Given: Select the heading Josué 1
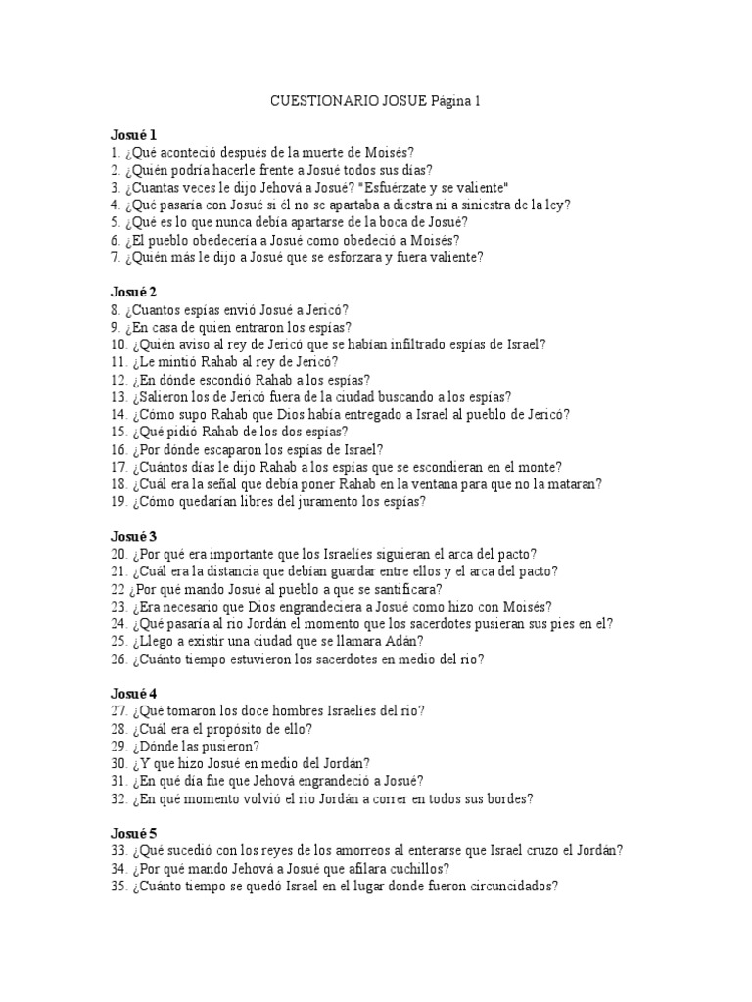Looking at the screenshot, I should (x=133, y=135).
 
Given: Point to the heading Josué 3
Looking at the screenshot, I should (x=133, y=537).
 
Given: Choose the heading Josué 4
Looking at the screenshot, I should (x=133, y=694).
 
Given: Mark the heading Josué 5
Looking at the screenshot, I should (x=133, y=834).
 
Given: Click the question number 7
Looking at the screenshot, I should (x=115, y=257).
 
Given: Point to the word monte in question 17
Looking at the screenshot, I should (x=569, y=467).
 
